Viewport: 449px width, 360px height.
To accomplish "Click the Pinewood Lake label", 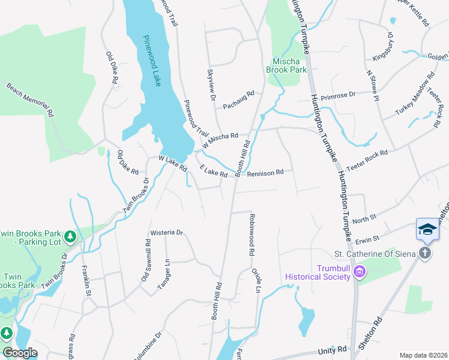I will click(x=152, y=61).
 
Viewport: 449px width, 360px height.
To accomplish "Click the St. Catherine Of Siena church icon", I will click(x=425, y=253).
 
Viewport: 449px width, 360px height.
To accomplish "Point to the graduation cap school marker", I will click(x=427, y=230).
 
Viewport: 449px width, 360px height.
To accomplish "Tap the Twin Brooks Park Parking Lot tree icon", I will click(x=71, y=237).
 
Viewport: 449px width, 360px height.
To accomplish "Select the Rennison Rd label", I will click(x=265, y=173).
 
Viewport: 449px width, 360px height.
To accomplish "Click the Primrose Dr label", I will click(x=338, y=95).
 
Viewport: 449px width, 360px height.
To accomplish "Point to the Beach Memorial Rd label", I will click(x=31, y=99).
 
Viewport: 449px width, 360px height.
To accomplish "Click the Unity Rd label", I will click(x=333, y=349).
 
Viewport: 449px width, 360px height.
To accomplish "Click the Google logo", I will click(x=20, y=352).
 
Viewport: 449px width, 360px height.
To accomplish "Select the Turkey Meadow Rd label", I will click(x=415, y=94).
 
